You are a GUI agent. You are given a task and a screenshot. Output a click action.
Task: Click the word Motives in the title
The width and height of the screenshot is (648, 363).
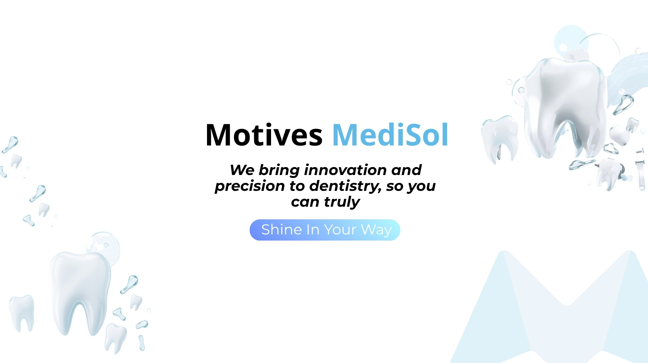264,135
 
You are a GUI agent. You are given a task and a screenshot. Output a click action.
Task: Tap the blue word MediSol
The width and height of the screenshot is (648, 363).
390,135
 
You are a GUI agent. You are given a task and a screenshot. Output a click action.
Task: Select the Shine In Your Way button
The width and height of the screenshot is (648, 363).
325,230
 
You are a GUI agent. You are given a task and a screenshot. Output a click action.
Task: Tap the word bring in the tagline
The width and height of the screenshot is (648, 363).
279,170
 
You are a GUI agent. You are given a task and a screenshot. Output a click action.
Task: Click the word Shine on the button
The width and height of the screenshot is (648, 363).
282,230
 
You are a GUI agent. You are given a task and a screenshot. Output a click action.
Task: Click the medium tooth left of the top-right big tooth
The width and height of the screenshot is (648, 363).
500,137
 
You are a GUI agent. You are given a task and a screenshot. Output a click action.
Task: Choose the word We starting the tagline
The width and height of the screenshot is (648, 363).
242,170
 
